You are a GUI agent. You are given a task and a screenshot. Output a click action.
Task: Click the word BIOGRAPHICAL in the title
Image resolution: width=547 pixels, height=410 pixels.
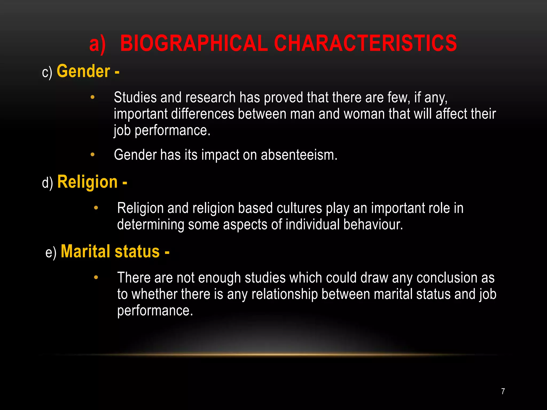tap(194, 43)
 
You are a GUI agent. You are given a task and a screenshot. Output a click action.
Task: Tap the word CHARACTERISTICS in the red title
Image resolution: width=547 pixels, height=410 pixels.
tap(365, 43)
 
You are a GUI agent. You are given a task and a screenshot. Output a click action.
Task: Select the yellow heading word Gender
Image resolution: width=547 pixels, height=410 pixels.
tap(83, 71)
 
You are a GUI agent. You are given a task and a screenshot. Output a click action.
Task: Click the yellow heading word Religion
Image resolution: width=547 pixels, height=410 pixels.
tap(87, 182)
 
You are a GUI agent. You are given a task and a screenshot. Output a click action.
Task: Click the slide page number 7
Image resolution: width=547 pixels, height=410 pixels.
tap(503, 391)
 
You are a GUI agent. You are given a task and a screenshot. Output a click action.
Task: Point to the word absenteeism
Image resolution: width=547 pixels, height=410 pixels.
tap(299, 155)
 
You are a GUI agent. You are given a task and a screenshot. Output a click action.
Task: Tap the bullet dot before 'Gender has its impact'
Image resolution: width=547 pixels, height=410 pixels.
tap(92, 155)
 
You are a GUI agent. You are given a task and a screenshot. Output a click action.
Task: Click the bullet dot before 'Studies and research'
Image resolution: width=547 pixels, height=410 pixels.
tap(92, 97)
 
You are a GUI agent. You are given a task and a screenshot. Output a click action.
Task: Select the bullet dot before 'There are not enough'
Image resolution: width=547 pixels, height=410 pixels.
tap(96, 278)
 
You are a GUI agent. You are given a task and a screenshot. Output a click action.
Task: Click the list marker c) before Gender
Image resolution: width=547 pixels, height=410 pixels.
tap(47, 72)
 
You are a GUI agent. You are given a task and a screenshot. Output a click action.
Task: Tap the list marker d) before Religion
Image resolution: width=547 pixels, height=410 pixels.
tap(47, 183)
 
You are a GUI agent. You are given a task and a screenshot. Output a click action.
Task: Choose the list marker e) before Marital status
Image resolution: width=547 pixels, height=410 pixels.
tap(51, 253)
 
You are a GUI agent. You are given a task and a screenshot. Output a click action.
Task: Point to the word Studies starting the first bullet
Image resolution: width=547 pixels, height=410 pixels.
tap(135, 97)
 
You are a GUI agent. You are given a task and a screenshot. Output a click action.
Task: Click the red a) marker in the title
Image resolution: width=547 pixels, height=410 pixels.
tap(97, 44)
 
